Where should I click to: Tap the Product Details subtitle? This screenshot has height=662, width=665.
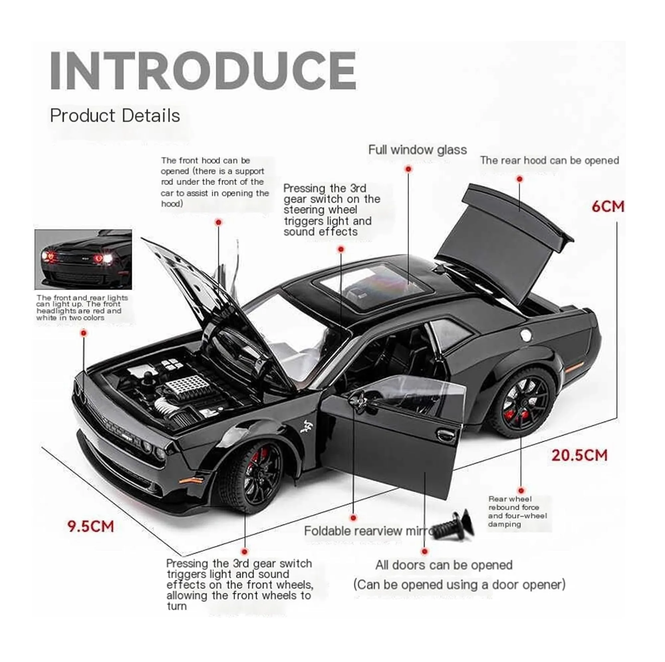click(x=115, y=116)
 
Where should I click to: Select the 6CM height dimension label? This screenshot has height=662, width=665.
click(x=608, y=206)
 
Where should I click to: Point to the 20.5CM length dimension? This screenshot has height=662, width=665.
click(x=580, y=455)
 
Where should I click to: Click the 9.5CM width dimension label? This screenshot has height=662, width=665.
click(x=90, y=526)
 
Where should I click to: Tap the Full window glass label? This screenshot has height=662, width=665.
click(x=418, y=150)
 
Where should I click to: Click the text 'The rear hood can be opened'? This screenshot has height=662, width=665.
click(x=550, y=160)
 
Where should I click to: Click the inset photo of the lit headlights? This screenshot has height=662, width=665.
click(x=83, y=260)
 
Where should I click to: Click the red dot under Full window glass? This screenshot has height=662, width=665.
click(x=409, y=169)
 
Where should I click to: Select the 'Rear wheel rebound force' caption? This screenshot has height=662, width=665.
click(x=517, y=512)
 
